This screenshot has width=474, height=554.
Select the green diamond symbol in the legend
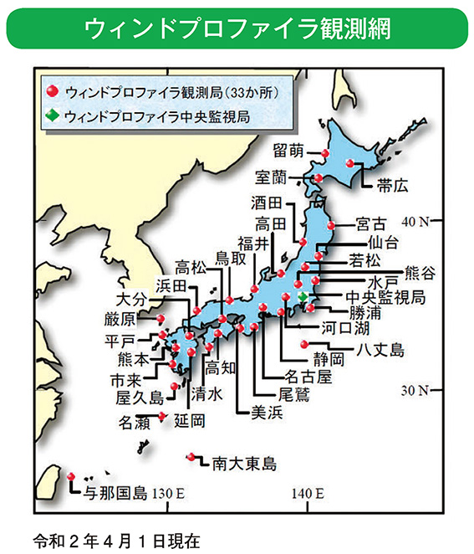click(52, 115)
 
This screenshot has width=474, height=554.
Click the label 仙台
click(382, 242)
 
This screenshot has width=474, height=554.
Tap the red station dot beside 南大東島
click(192, 456)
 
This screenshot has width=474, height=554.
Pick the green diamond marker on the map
click(302, 298)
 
